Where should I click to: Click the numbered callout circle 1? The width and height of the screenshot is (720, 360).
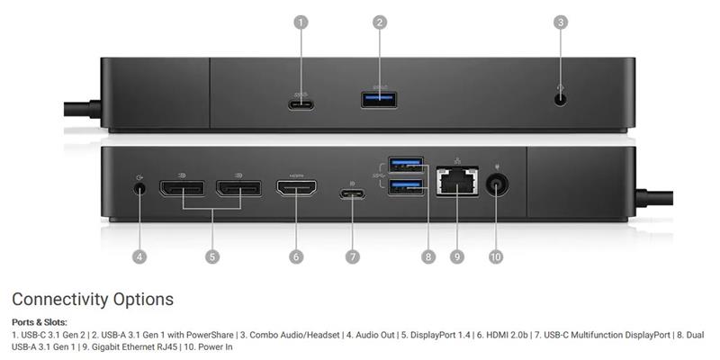(301, 22)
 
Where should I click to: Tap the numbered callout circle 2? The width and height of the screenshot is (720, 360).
(380, 22)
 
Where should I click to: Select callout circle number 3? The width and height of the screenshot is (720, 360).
(560, 22)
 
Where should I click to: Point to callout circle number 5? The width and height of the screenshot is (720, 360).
(211, 256)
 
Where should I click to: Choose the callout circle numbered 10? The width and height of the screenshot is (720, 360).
(496, 256)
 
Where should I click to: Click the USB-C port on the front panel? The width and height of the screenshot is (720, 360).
(301, 104)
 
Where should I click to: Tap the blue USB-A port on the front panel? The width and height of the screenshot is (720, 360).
(379, 100)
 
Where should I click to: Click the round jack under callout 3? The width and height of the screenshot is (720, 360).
(560, 99)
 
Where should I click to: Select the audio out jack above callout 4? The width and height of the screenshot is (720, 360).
(140, 188)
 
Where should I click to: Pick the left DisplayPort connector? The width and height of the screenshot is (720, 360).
(183, 188)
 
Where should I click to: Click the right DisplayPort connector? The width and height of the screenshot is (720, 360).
(238, 188)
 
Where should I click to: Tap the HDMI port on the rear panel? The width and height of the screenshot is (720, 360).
(296, 188)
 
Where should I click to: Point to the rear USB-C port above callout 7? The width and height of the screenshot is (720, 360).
(353, 193)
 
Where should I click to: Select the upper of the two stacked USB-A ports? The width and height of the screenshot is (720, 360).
(406, 165)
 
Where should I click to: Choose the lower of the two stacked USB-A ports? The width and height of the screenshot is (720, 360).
(406, 187)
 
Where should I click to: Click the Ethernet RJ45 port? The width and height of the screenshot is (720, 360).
(457, 182)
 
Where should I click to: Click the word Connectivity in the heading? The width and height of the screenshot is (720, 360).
(60, 300)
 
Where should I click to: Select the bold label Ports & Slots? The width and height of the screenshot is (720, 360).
(40, 322)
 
